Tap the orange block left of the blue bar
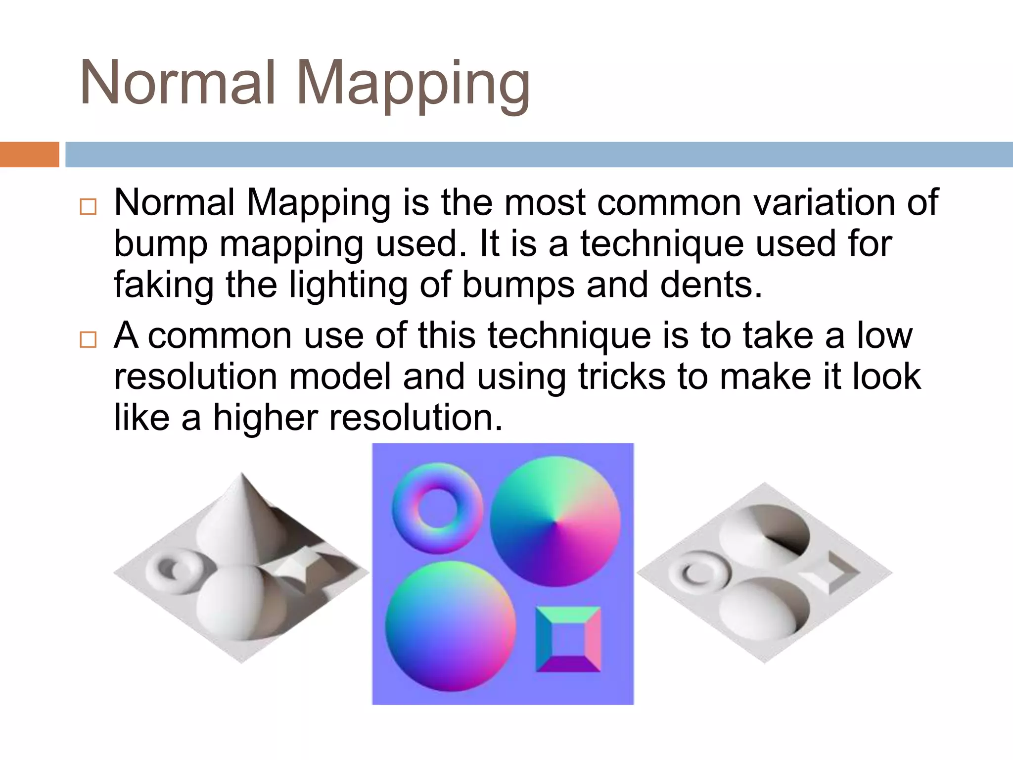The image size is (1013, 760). [29, 154]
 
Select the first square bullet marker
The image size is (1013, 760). [88, 206]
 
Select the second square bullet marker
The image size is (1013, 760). [88, 339]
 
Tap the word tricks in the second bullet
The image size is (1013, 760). [622, 377]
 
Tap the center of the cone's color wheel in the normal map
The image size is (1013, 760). [555, 522]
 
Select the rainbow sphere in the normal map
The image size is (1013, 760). [450, 626]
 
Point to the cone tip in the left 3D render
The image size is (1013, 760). [242, 475]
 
